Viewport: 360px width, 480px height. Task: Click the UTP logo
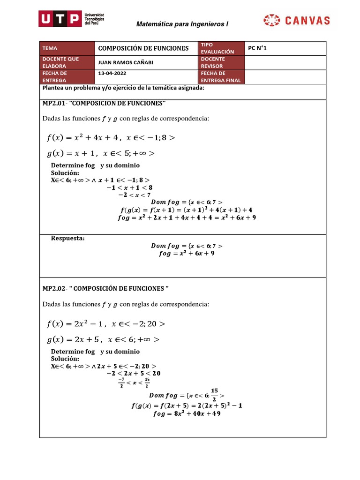[x=72, y=20]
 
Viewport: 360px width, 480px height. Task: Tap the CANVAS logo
[x=297, y=20]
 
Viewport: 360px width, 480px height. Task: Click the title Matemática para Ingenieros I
[x=182, y=24]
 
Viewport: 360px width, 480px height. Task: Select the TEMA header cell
[x=67, y=48]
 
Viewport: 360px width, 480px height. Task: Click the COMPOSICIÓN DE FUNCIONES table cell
[x=143, y=48]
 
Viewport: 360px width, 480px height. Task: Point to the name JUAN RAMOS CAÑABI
[x=125, y=63]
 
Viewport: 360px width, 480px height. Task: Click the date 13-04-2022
[x=112, y=74]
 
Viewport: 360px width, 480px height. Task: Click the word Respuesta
[x=67, y=238]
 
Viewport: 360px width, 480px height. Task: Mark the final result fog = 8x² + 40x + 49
[x=187, y=413]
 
